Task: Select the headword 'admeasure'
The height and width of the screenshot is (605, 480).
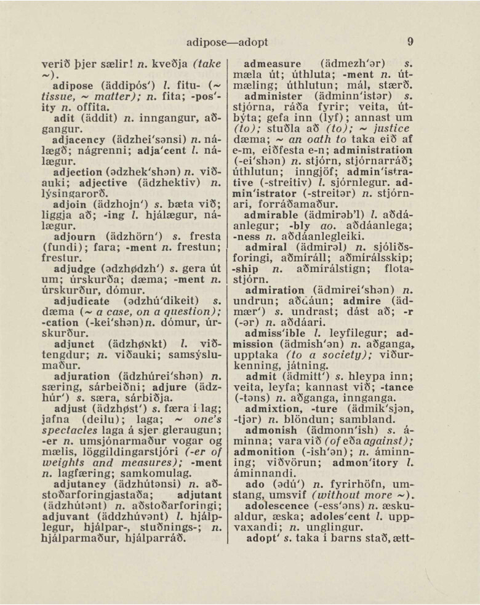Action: [273, 63]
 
